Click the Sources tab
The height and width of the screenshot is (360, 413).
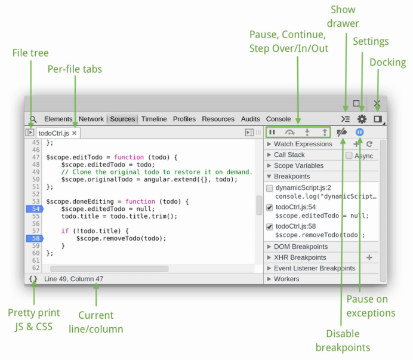[x=122, y=119]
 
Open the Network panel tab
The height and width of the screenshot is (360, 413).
[x=91, y=119]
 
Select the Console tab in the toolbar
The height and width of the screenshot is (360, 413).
[x=278, y=119]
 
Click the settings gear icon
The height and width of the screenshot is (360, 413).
[x=362, y=119]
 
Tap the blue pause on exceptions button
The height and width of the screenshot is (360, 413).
[x=359, y=132]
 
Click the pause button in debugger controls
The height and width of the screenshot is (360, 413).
[x=272, y=132]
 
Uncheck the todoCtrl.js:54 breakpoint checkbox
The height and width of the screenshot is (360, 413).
[x=269, y=207]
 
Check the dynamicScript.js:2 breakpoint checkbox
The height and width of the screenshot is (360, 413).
[x=269, y=188]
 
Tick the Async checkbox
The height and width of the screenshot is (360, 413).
[x=349, y=155]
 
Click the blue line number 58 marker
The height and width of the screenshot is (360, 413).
[x=35, y=238]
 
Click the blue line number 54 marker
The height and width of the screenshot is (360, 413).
[x=35, y=209]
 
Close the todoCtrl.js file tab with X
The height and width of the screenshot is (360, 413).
[x=74, y=133]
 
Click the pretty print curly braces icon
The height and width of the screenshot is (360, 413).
[x=33, y=279]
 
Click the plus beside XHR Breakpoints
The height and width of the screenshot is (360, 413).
[x=369, y=257]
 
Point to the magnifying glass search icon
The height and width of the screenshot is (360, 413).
[x=33, y=119]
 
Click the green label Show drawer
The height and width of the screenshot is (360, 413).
[x=343, y=16]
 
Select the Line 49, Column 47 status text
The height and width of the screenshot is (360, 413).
[x=74, y=279]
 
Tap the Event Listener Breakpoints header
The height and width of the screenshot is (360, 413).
[x=315, y=268]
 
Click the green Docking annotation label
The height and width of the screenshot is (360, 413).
[x=388, y=63]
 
